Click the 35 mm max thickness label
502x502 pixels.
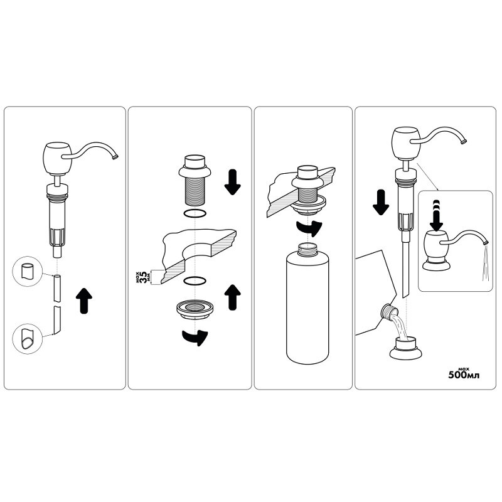point(142,277)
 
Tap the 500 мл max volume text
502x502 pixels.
point(464,373)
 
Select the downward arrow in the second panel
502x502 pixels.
point(232,182)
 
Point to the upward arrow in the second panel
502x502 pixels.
point(232,297)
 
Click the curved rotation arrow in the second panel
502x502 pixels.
point(195,338)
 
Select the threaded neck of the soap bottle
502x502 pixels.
point(307,248)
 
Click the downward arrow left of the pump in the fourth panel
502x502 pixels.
point(381,202)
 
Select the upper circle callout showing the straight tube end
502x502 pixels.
point(27,271)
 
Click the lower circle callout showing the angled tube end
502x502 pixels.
point(27,339)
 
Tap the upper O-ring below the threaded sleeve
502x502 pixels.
point(195,213)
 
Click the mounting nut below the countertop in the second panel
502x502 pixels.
point(195,309)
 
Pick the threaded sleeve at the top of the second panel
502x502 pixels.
point(195,180)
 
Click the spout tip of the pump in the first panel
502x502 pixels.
point(115,157)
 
